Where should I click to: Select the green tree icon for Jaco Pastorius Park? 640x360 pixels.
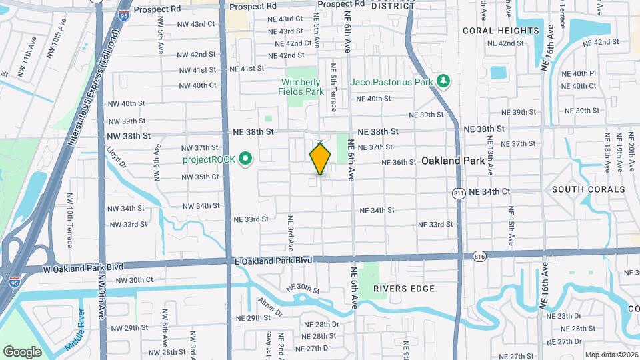point(443,81)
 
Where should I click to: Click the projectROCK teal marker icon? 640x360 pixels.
point(245,159)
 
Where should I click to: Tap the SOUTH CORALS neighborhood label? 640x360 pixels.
point(589,189)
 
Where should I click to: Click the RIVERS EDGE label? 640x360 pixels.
point(403,289)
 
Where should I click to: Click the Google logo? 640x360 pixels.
point(22,351)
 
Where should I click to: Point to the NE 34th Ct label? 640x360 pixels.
point(489,191)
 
